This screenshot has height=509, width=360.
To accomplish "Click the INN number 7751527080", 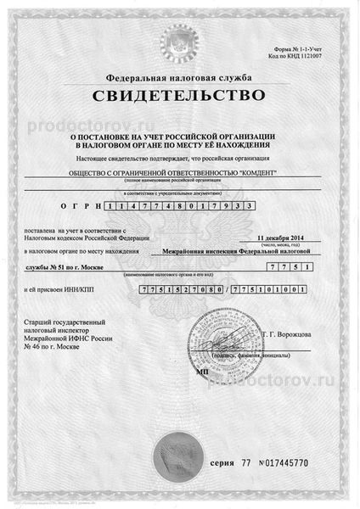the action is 179,291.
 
